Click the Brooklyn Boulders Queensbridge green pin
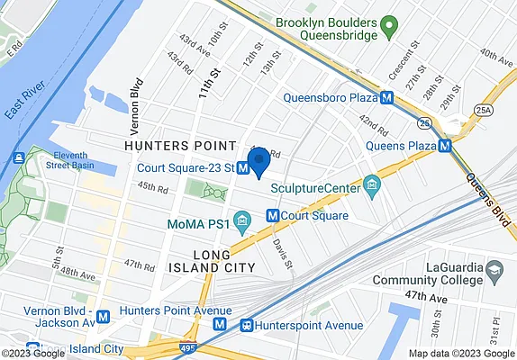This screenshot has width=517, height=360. (388, 26)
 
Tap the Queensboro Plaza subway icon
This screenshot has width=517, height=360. (386, 98)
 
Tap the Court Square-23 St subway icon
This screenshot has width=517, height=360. (243, 167)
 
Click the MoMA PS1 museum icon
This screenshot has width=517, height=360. (240, 220)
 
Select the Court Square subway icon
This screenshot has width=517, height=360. (271, 216)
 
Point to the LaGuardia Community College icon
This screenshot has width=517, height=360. (494, 270)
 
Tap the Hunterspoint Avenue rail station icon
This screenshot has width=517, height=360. (245, 325)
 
